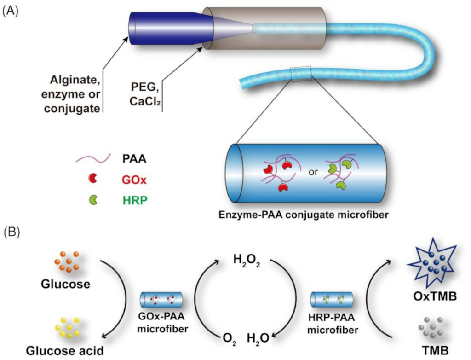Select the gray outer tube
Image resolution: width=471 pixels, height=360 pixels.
pyautogui.click(x=264, y=29)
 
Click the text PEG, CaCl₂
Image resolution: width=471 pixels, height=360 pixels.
pyautogui.click(x=145, y=94)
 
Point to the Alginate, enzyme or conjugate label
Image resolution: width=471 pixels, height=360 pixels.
pyautogui.click(x=71, y=94)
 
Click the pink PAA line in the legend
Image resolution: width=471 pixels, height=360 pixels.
pyautogui.click(x=93, y=158)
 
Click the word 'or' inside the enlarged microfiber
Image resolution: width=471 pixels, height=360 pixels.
pyautogui.click(x=313, y=172)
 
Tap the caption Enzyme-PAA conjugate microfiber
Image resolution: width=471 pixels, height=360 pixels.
pyautogui.click(x=304, y=215)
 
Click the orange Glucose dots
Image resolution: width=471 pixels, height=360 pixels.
pyautogui.click(x=67, y=262)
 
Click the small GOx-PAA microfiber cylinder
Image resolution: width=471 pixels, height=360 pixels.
pyautogui.click(x=161, y=300)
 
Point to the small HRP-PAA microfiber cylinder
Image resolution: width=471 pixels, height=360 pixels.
pyautogui.click(x=331, y=300)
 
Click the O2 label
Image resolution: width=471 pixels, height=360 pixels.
pyautogui.click(x=230, y=340)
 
